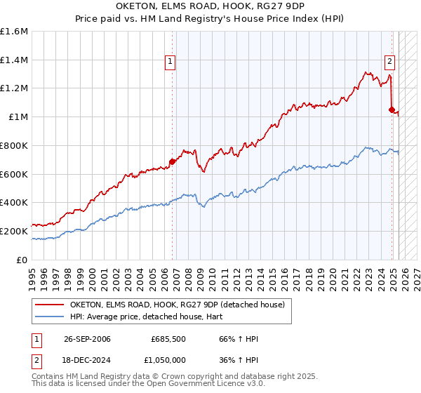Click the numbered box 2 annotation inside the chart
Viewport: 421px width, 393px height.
(389, 60)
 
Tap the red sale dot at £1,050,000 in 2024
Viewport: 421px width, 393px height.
(392, 109)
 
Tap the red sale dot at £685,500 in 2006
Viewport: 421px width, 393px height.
(172, 161)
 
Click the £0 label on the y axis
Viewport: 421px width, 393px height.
(22, 259)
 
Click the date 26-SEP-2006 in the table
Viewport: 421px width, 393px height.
(87, 339)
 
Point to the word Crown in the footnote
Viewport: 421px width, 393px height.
(169, 377)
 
